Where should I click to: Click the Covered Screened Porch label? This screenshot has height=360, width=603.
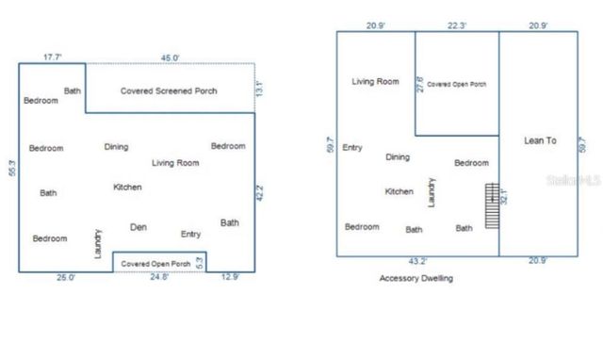[169, 91]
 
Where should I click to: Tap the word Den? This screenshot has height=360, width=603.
[139, 226]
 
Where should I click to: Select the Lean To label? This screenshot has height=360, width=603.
[540, 140]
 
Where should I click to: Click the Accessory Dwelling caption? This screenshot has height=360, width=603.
[416, 279]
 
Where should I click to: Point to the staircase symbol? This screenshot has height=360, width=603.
[490, 205]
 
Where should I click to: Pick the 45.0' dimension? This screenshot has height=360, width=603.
[170, 57]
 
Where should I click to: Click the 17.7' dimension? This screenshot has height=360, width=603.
[53, 57]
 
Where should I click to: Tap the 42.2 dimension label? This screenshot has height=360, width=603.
[261, 193]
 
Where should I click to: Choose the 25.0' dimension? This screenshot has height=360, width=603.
[65, 278]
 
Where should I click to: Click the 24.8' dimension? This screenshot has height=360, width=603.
[160, 278]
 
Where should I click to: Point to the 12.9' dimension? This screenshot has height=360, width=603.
[231, 278]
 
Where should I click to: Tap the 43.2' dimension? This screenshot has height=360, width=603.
[417, 261]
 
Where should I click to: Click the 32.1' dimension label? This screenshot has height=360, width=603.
[505, 199]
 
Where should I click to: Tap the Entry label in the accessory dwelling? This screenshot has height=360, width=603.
[352, 147]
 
